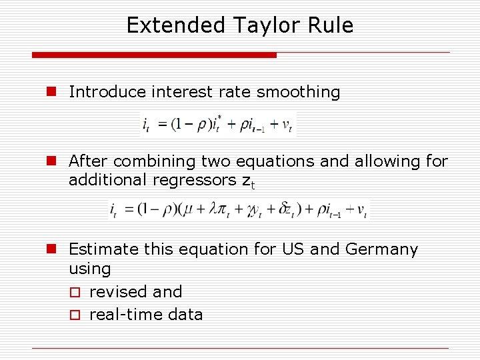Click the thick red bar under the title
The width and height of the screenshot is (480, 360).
(x=154, y=55)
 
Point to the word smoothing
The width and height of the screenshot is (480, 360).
(x=298, y=92)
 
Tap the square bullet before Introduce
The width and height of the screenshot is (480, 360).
(x=50, y=92)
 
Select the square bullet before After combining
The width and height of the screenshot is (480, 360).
(x=50, y=161)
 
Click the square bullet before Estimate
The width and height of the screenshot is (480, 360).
(x=50, y=249)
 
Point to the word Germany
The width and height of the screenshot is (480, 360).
(x=381, y=249)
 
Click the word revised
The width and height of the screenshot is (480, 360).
(x=117, y=292)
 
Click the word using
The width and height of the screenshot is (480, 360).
(x=89, y=269)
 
